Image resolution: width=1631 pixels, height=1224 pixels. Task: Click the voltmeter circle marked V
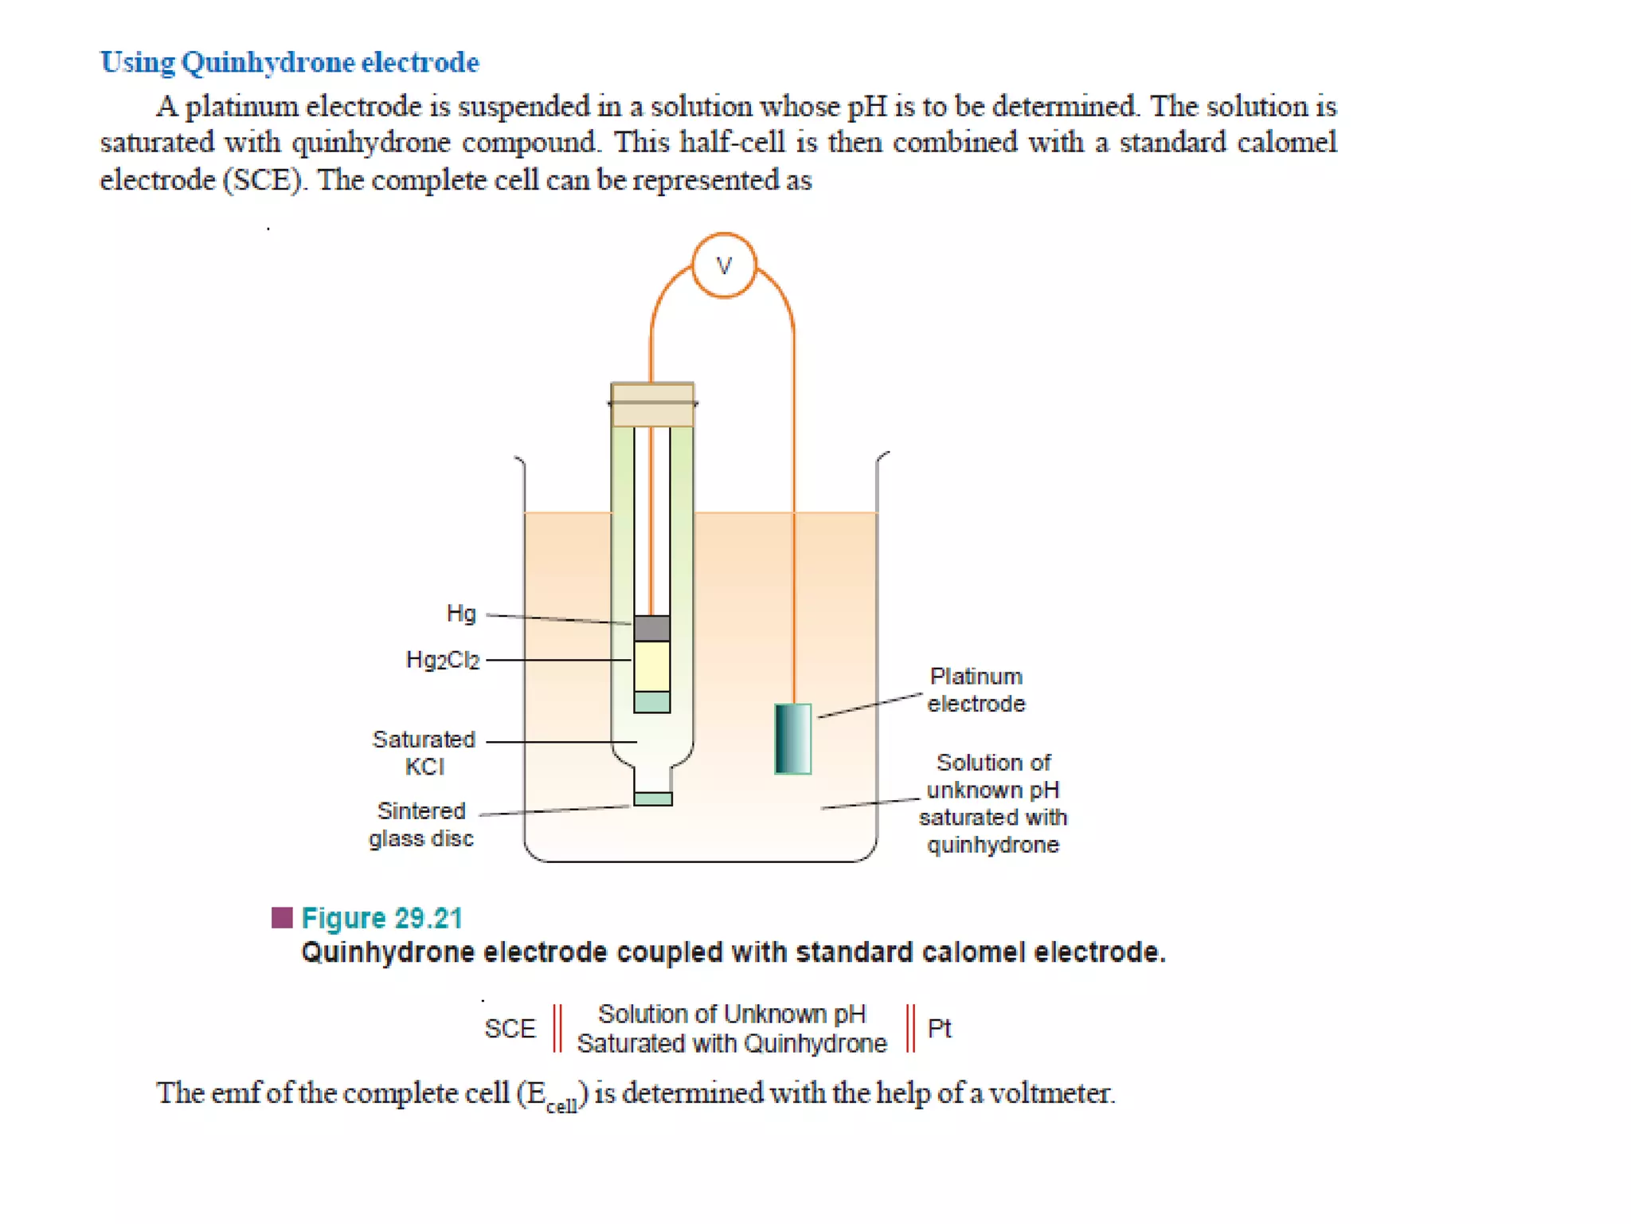click(x=723, y=265)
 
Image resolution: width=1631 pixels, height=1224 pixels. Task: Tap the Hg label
click(x=461, y=614)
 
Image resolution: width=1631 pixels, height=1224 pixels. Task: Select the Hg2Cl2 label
click(x=443, y=660)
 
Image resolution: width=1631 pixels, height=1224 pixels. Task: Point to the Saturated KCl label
click(x=424, y=752)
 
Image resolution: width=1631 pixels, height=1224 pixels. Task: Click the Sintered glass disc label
click(x=421, y=824)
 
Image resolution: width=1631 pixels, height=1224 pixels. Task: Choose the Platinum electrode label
click(x=976, y=690)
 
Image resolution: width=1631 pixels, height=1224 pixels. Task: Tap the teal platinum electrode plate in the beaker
click(x=792, y=739)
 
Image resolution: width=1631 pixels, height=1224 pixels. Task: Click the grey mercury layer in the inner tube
click(x=651, y=628)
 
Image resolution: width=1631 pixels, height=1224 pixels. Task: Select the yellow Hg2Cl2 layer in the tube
click(x=651, y=665)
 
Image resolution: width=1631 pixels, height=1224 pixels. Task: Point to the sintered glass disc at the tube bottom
click(x=652, y=798)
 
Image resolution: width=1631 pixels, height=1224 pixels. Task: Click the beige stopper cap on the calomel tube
click(x=652, y=404)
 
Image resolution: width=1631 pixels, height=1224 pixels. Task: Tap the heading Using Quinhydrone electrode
click(x=290, y=62)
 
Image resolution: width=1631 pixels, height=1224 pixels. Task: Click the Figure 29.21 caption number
click(x=381, y=918)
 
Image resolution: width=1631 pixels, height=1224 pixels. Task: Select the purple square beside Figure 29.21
click(x=282, y=918)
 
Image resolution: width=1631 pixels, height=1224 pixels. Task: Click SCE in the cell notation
click(x=510, y=1029)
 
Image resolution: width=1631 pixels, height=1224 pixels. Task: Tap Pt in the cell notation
click(x=940, y=1028)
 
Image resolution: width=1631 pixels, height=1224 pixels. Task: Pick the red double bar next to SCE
click(x=557, y=1028)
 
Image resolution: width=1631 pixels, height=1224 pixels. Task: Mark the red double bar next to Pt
click(x=910, y=1028)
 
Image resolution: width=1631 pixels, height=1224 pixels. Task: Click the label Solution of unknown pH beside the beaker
click(x=993, y=803)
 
